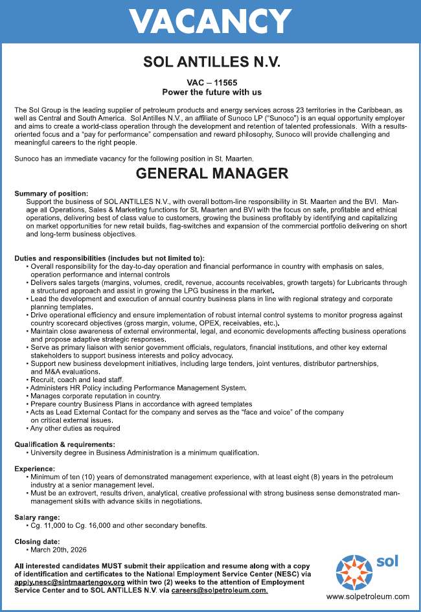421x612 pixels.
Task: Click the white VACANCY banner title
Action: tap(210, 21)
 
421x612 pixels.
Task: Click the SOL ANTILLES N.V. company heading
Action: tap(211, 62)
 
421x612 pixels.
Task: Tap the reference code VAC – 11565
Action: tap(210, 83)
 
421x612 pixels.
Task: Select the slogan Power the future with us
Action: tap(210, 93)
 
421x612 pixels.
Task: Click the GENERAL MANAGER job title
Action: tap(212, 174)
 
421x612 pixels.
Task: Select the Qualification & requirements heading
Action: tap(65, 444)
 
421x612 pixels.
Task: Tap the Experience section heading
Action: tap(34, 468)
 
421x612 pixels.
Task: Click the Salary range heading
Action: tap(37, 517)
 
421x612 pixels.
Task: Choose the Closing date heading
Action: tap(37, 541)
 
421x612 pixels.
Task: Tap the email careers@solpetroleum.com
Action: tap(219, 591)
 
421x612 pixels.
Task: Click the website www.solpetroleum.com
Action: tap(367, 596)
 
